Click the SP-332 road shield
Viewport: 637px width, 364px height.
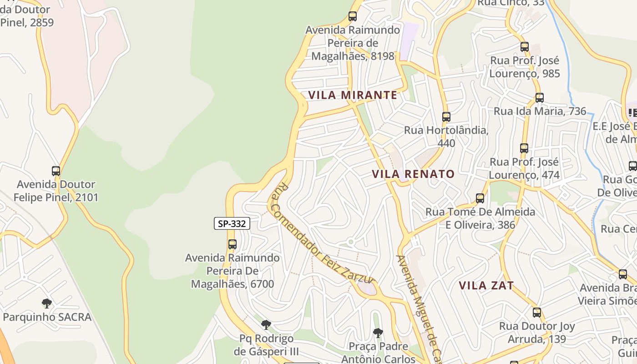[232, 223]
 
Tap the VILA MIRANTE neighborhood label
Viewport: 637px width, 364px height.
[353, 95]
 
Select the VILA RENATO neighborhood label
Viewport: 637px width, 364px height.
[413, 174]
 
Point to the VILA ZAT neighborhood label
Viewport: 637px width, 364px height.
[486, 286]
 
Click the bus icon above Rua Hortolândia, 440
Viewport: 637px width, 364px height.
[446, 117]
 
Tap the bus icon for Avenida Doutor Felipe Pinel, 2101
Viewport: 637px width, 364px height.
[56, 171]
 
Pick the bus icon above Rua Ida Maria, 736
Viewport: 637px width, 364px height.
[540, 98]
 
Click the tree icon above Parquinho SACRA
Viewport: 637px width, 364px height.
[46, 303]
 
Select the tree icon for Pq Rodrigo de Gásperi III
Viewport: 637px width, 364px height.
[266, 325]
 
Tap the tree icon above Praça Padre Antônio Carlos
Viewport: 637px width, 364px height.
[378, 333]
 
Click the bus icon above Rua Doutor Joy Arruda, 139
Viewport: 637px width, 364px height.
[537, 313]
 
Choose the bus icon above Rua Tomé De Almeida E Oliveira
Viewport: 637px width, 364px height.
[480, 198]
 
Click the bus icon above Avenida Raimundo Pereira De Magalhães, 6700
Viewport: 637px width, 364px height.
[233, 244]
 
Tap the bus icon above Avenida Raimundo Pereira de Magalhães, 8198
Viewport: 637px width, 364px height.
[353, 16]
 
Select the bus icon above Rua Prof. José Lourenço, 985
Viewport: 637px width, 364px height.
[525, 47]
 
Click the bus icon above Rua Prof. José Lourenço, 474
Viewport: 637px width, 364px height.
[524, 148]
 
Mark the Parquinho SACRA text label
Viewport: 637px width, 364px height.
[47, 317]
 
